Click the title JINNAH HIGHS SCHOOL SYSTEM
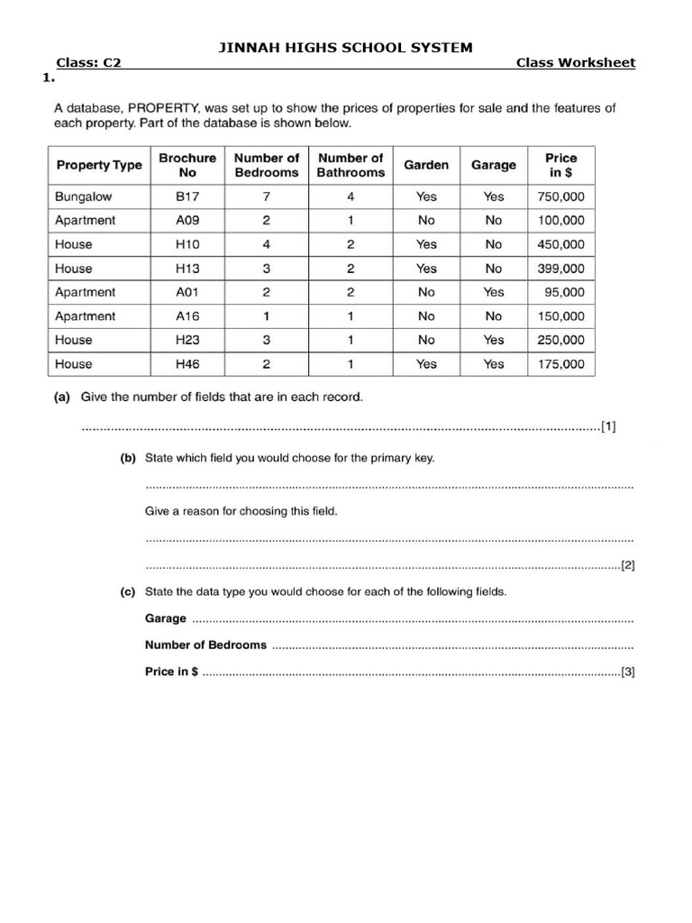click(346, 47)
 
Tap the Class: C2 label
click(88, 62)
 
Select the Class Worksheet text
click(575, 62)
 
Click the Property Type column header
click(99, 165)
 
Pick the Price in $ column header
click(560, 165)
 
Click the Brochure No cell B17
click(187, 196)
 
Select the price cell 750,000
click(560, 196)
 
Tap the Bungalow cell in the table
click(84, 196)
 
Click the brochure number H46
click(187, 364)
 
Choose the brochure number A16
click(187, 316)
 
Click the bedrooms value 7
click(266, 196)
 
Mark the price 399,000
click(560, 269)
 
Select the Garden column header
click(426, 165)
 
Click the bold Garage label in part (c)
click(166, 618)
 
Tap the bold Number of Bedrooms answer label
click(205, 644)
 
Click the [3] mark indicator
click(628, 672)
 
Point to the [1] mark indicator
click(609, 426)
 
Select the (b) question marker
click(128, 458)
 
